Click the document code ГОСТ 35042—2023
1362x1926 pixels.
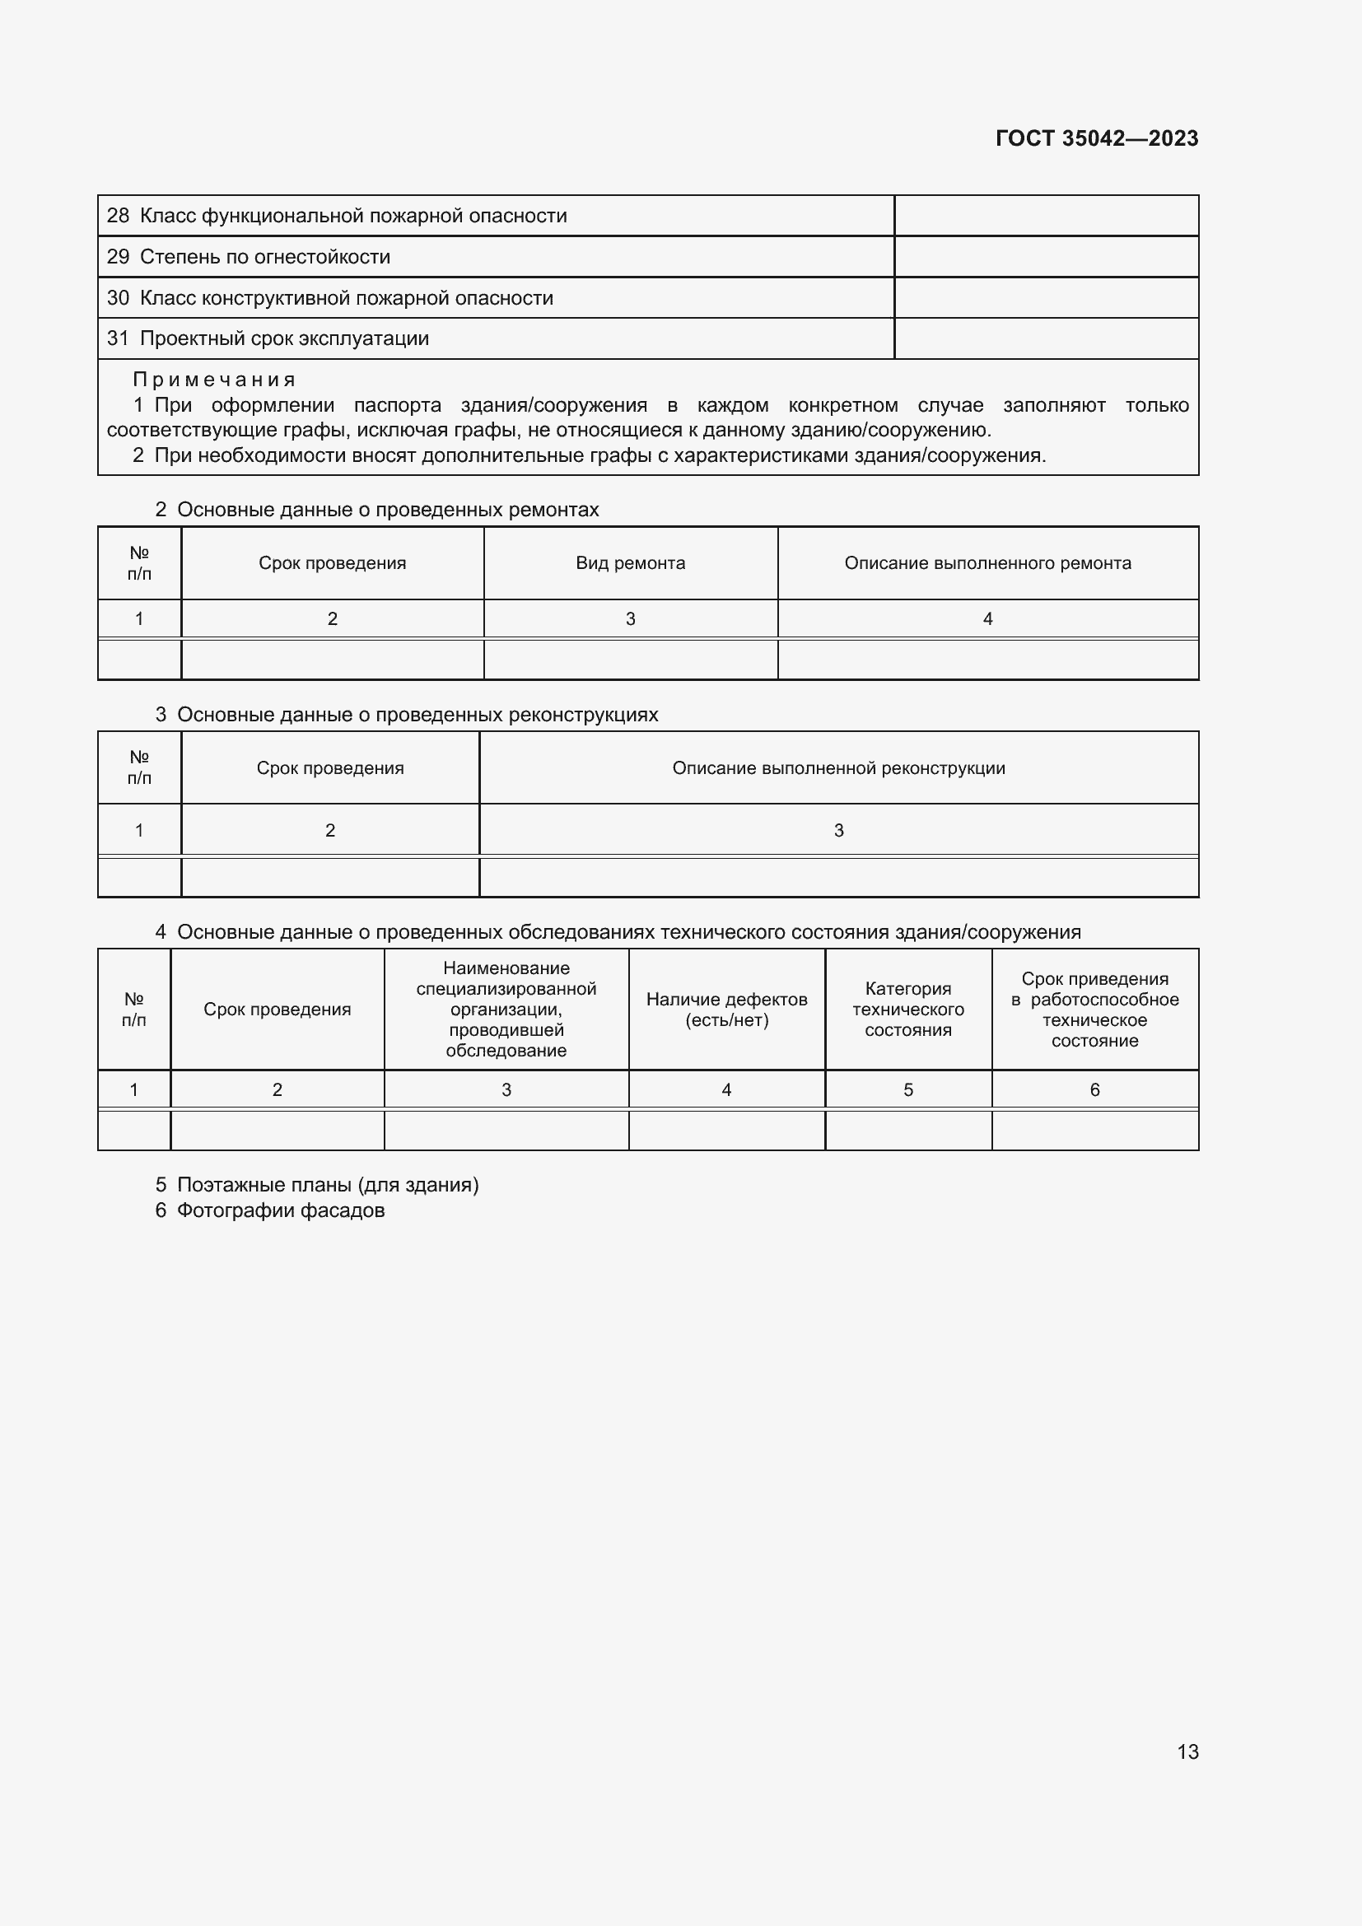click(1096, 138)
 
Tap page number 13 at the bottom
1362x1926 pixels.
click(1187, 1751)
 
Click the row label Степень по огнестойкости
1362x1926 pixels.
click(264, 257)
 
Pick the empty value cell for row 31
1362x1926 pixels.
click(1046, 339)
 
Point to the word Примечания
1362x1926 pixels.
click(214, 380)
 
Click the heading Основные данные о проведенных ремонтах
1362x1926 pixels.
click(388, 510)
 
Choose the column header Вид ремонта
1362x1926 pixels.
click(630, 563)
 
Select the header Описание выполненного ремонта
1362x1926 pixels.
click(987, 563)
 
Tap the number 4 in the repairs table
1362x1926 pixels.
click(987, 619)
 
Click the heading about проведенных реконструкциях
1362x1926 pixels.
click(417, 715)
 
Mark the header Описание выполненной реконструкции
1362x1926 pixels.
click(837, 768)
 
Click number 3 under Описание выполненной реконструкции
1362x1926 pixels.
click(837, 831)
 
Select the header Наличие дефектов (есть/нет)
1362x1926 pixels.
click(726, 1010)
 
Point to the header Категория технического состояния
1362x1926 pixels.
click(907, 1010)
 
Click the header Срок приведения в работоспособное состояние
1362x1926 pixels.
click(1094, 1010)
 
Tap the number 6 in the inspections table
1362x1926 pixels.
click(1094, 1089)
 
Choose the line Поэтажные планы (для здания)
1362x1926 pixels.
click(327, 1185)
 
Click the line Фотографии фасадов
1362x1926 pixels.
click(280, 1210)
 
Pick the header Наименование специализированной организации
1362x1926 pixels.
click(506, 1010)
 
